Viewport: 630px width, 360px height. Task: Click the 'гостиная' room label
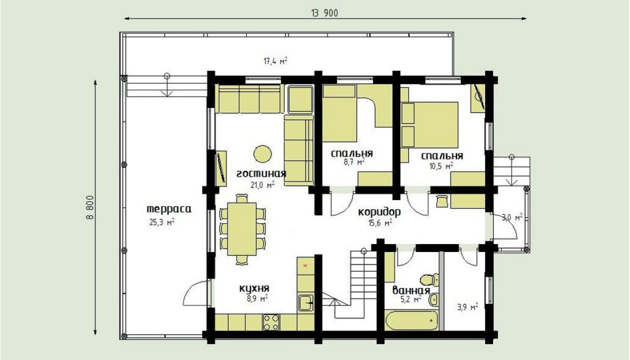coord(261,173)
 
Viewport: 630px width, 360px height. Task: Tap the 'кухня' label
coord(254,288)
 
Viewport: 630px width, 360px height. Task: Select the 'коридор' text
coord(379,212)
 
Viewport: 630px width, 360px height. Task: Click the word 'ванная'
coord(411,290)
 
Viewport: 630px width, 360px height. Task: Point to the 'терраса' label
coord(169,209)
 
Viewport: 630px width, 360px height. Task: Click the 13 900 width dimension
coord(324,13)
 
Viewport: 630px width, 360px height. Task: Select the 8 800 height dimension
coord(89,207)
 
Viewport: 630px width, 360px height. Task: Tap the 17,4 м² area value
coord(275,61)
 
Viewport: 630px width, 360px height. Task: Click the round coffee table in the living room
coord(262,154)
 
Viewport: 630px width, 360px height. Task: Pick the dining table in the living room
coord(242,229)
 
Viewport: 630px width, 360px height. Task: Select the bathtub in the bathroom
coord(411,320)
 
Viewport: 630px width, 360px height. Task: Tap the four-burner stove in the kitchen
coord(271,322)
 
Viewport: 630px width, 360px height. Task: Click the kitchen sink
coord(305,302)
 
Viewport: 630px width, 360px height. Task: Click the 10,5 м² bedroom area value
coord(441,166)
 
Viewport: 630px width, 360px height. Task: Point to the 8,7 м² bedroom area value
coord(354,162)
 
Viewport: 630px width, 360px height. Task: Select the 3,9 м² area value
coord(467,307)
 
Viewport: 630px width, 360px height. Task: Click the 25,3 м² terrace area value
coord(161,222)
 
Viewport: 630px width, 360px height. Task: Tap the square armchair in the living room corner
coord(300,99)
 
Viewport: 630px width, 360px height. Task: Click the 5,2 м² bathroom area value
coord(411,299)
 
